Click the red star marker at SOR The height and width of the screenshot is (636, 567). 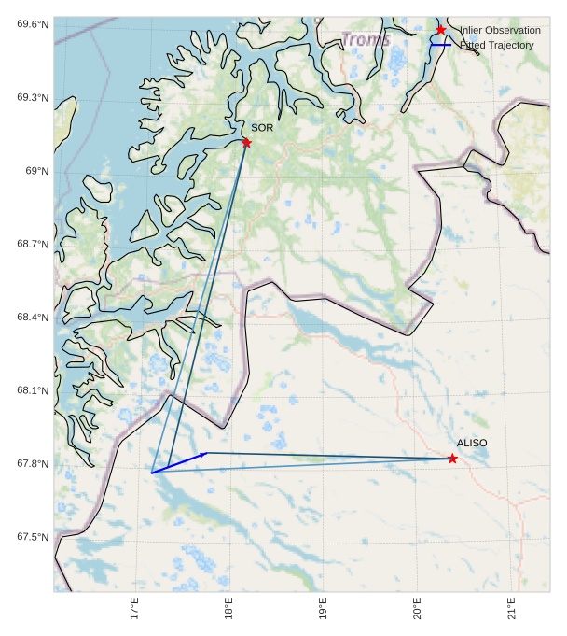pos(246,142)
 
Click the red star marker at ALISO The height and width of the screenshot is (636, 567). pos(452,459)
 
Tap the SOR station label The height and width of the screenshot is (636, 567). pos(262,127)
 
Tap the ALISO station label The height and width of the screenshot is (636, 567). pos(472,443)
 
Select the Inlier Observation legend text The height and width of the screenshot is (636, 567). pos(500,31)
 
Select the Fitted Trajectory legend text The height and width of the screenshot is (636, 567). pos(496,45)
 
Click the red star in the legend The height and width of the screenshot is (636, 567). pos(441,30)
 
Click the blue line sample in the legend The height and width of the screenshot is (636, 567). pos(440,45)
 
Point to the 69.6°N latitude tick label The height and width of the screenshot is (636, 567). pos(32,24)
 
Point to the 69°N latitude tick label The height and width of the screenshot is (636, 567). pos(35,171)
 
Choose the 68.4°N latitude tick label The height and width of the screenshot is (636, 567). pos(32,318)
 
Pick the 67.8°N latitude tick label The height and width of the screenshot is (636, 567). pos(32,464)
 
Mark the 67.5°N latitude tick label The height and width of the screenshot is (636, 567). pos(32,537)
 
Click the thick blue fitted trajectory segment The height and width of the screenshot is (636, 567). pos(179,462)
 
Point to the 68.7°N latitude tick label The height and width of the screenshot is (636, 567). pos(32,244)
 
